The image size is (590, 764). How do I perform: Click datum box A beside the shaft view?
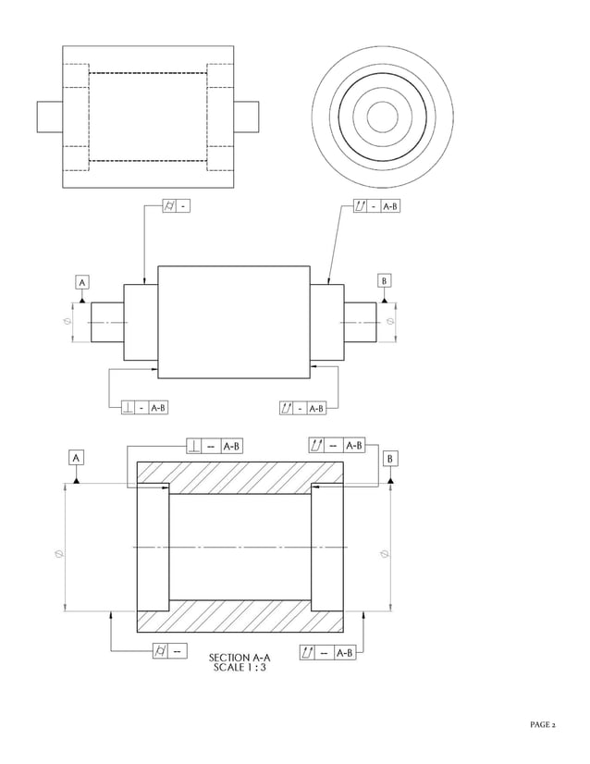point(81,281)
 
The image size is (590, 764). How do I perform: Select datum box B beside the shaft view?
point(385,280)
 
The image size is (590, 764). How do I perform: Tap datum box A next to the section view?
point(76,457)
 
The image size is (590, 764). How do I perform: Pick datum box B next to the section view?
point(391,458)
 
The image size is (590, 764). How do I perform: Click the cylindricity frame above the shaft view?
point(176,205)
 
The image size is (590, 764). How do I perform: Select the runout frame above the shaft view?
point(377,205)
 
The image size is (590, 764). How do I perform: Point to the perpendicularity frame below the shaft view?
point(145,407)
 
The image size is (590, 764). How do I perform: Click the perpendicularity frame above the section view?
point(215,446)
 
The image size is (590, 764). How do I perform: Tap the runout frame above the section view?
point(336,446)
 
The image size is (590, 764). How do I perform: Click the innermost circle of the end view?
point(382,117)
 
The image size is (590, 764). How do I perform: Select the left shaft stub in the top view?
point(49,117)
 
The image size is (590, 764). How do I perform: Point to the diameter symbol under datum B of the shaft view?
point(389,321)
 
